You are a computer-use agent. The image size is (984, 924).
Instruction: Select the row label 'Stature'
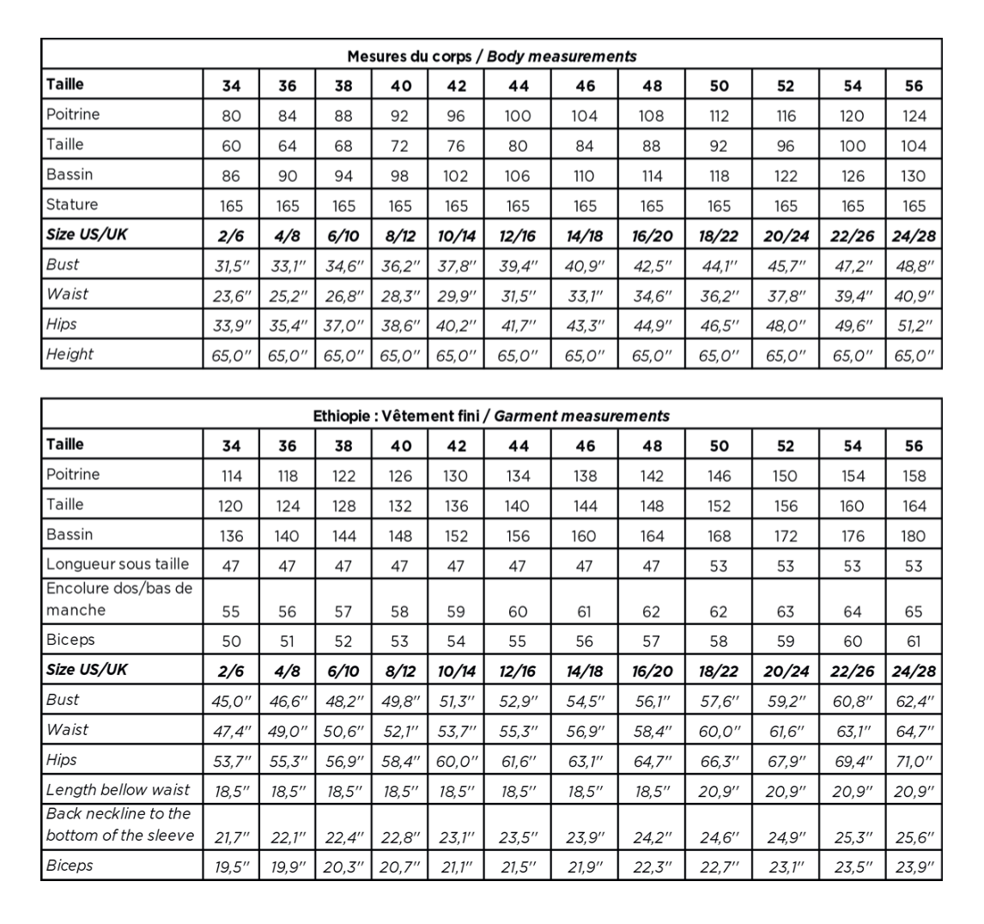click(71, 204)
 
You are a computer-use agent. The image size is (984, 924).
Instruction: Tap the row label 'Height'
click(70, 354)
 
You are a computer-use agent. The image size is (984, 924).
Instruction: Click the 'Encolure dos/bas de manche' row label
click(118, 599)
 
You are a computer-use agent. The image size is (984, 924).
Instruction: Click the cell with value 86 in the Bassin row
click(232, 176)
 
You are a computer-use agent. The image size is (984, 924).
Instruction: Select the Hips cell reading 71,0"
click(914, 760)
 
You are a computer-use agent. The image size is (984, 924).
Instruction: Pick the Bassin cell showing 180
click(914, 536)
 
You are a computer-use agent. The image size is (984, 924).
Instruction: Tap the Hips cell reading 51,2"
click(914, 325)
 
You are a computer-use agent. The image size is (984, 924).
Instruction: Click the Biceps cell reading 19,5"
click(232, 866)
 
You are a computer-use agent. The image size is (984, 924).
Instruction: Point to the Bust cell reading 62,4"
click(914, 700)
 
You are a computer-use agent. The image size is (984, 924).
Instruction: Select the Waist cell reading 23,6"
click(232, 295)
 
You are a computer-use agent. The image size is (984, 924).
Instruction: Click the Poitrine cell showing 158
click(914, 476)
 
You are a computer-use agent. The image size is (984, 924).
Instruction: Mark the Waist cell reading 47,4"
click(232, 730)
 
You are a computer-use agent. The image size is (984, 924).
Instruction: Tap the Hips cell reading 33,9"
click(232, 325)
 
